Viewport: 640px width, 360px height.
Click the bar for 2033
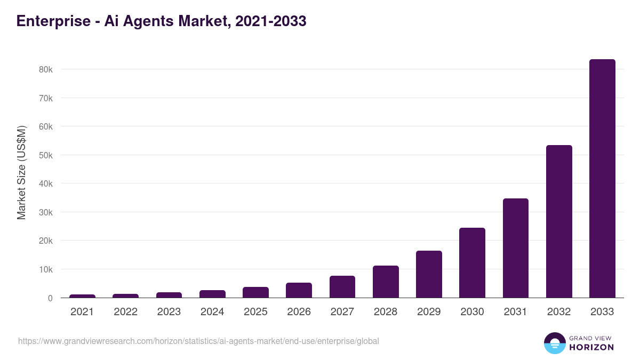602,178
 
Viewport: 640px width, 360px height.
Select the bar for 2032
559,221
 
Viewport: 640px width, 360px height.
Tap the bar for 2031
515,248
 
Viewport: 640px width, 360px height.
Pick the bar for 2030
472,262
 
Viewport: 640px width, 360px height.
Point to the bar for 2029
429,274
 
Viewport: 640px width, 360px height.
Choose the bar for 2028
386,282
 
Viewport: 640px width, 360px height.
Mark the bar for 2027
342,287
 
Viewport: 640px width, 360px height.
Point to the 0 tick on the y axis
50,298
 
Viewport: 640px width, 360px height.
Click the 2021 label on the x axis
82,312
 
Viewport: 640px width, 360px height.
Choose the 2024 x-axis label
212,312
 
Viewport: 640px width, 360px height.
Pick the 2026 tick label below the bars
299,312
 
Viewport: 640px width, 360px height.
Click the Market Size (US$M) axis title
21,172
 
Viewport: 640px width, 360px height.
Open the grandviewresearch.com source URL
198,341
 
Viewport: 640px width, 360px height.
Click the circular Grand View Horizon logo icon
554,343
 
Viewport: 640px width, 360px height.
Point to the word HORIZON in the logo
591,347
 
